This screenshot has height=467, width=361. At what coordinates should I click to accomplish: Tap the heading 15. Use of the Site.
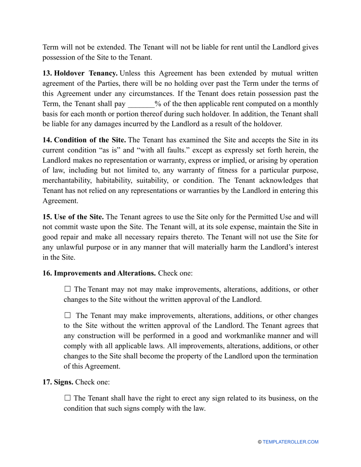tap(73, 217)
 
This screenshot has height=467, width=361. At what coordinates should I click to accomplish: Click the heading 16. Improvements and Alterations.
tap(99, 273)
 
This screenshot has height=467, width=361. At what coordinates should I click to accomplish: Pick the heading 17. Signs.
tap(58, 382)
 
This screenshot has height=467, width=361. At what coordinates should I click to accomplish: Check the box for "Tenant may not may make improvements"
tap(68, 289)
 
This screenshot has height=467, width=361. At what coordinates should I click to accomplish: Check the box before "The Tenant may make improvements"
tap(68, 315)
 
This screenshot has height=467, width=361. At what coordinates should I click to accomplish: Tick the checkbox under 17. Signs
tap(68, 398)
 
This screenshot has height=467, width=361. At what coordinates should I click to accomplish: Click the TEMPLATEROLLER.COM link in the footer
tap(290, 442)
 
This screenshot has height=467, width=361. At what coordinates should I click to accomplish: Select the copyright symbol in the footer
tap(260, 442)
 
